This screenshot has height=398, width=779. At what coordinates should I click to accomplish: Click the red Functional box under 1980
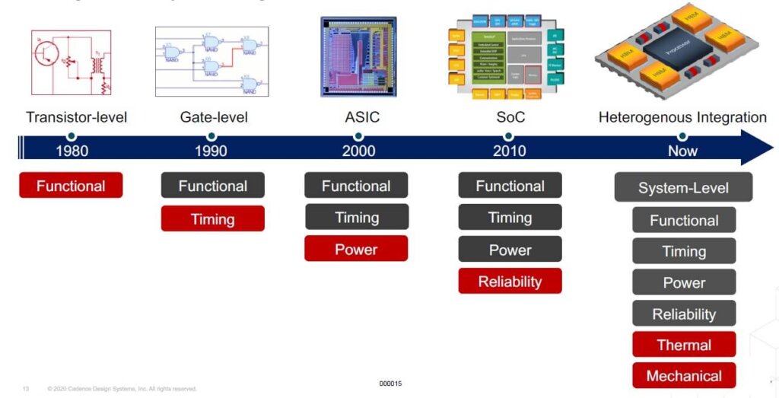click(x=71, y=186)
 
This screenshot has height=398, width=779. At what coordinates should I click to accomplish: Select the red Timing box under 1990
click(x=212, y=219)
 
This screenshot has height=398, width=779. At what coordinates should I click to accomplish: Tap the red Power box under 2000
click(x=356, y=249)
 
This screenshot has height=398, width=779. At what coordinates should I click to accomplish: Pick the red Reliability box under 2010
click(x=510, y=281)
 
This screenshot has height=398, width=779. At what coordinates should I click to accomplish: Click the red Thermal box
click(x=684, y=345)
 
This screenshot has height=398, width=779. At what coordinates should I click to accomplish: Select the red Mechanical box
click(x=684, y=376)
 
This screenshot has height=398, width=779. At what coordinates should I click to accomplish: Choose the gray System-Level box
click(x=683, y=188)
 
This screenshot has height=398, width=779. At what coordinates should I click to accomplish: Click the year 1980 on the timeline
click(x=72, y=151)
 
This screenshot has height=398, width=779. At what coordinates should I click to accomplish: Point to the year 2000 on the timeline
click(x=358, y=151)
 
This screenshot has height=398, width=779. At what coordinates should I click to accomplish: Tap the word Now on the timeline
click(x=682, y=151)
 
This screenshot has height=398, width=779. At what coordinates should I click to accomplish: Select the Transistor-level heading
click(x=76, y=117)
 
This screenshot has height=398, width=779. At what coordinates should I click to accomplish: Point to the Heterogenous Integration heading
click(x=682, y=117)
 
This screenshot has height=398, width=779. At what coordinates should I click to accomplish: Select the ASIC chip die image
click(x=358, y=57)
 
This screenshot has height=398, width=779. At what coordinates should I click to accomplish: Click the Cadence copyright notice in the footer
click(x=122, y=389)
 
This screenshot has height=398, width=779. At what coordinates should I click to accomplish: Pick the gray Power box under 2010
click(x=510, y=250)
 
